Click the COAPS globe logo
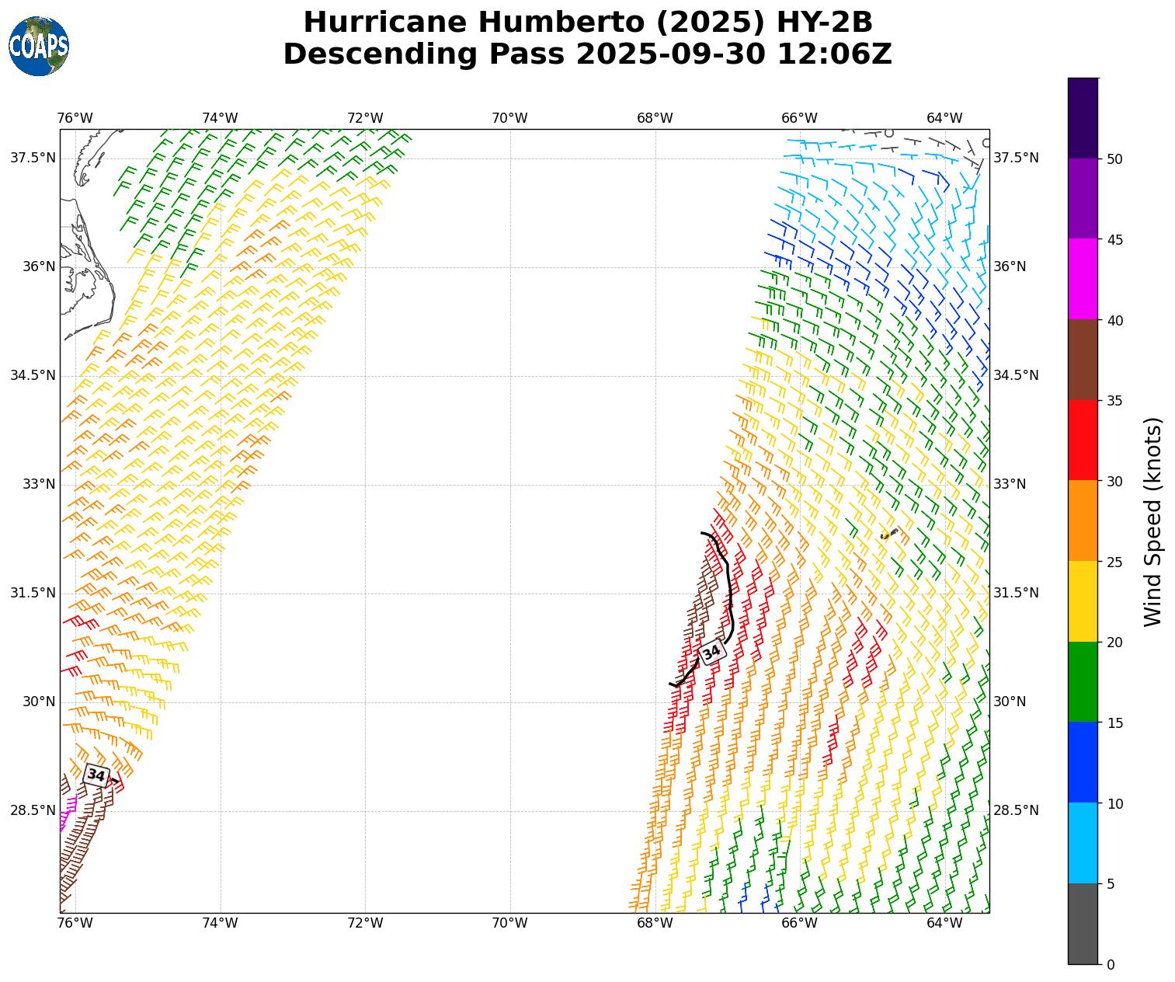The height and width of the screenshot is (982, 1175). (39, 46)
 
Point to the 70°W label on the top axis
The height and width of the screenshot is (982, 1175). (509, 118)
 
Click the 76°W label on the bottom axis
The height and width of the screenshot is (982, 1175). (75, 923)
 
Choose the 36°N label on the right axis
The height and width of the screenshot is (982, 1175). (1010, 266)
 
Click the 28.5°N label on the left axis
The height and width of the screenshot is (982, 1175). (33, 810)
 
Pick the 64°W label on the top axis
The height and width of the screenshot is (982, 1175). (944, 118)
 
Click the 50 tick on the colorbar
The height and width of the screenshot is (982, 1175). (1115, 158)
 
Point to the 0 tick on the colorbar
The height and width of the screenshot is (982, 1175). (1111, 965)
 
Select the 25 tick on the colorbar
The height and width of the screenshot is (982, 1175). (1115, 562)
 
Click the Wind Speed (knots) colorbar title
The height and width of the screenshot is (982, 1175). (1154, 521)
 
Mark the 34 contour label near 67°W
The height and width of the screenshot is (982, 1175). (711, 653)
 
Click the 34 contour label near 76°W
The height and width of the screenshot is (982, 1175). (96, 775)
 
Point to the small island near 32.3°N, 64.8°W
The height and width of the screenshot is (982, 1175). (889, 534)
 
